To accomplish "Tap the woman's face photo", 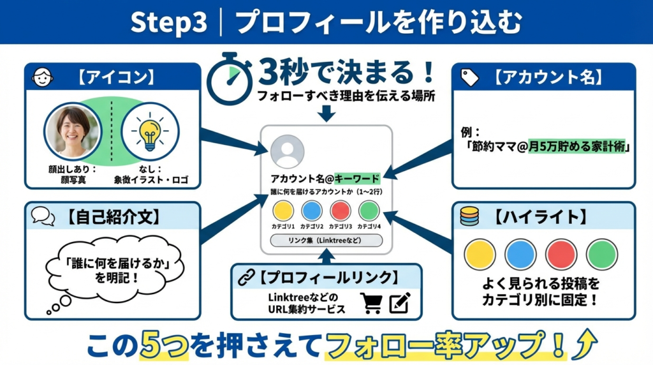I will click(x=72, y=131).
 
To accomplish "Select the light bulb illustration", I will click(x=149, y=131).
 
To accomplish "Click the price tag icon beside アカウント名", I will click(x=470, y=77).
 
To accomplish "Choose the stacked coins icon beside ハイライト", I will click(x=470, y=216).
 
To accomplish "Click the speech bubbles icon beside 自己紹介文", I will click(x=43, y=216).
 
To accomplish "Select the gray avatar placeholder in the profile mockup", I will click(x=287, y=151).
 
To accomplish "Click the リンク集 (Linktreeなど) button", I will click(x=326, y=241).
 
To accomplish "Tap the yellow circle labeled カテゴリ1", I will click(x=283, y=211).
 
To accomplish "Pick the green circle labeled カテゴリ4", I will click(x=369, y=211).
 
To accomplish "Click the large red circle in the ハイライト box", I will click(x=561, y=254).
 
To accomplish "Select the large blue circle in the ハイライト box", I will click(x=520, y=254).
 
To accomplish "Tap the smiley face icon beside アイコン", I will click(x=43, y=77).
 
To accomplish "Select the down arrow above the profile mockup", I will click(x=326, y=113).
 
